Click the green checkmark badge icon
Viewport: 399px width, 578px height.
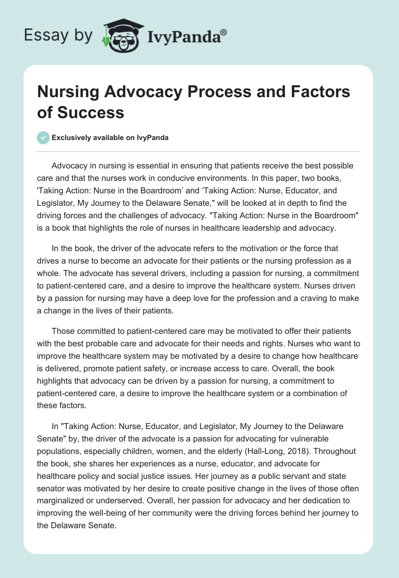pyautogui.click(x=43, y=138)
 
